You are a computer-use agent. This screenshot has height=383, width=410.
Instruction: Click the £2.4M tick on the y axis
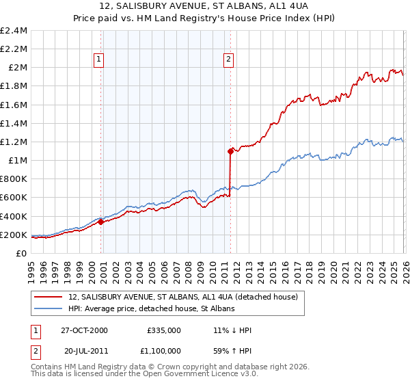(14, 31)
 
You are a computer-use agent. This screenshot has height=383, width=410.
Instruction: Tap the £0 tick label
(22, 254)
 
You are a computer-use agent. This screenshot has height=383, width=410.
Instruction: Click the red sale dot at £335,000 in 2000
(100, 222)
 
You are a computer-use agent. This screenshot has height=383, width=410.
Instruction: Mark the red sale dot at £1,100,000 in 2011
(230, 151)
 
